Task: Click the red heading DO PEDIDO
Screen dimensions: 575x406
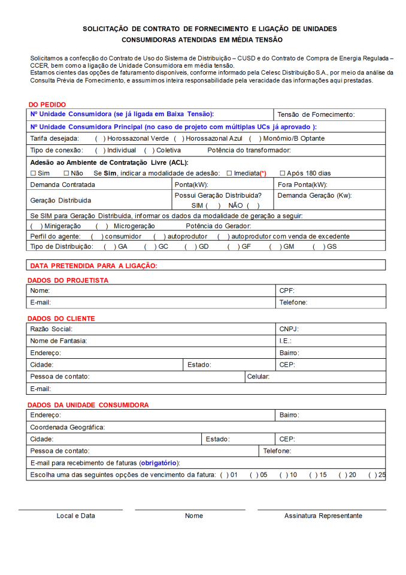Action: coord(47,104)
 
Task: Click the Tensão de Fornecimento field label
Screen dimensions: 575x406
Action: coord(316,114)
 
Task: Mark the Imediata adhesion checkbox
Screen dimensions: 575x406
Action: coord(229,173)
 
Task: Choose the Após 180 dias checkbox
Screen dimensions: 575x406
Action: coord(282,173)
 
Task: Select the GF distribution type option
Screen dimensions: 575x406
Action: coord(232,246)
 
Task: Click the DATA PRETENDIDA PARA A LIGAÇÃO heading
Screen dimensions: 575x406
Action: coord(93,265)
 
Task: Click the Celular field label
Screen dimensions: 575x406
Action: coord(258,377)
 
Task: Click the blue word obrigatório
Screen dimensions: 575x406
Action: coord(159,463)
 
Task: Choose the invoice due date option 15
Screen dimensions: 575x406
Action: coord(314,475)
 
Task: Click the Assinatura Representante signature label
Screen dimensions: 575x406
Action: coord(323,516)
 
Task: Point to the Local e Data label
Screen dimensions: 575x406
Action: coord(75,516)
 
